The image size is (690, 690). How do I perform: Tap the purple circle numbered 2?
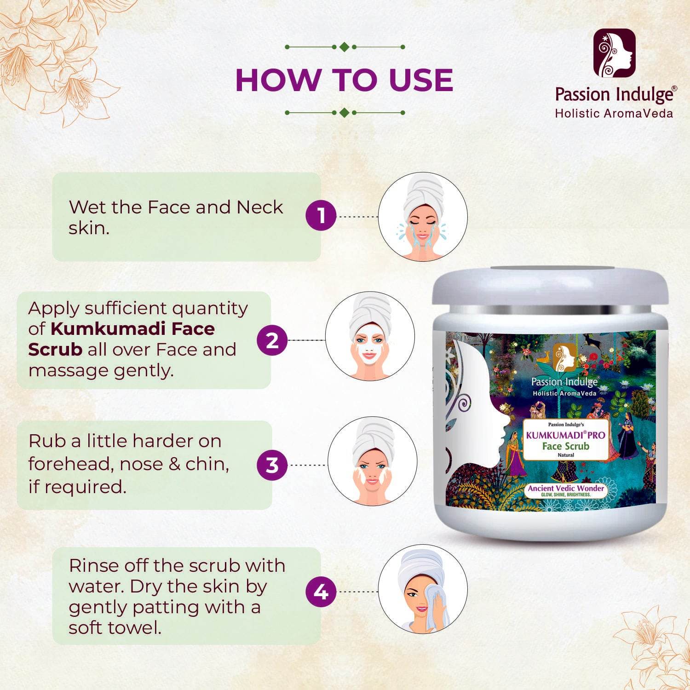point(272,340)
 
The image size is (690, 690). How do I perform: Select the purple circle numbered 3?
point(272,465)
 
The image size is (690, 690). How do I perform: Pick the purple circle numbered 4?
point(321,592)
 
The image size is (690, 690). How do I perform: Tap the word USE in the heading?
point(421,80)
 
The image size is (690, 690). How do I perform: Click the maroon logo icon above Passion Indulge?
point(614,53)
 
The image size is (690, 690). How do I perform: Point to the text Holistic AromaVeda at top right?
point(614,114)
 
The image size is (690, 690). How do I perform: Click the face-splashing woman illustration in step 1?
point(423,216)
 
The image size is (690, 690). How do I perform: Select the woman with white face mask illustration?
point(370,336)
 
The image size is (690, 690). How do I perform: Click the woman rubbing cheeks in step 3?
point(372,462)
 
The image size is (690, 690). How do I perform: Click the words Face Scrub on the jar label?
point(565,446)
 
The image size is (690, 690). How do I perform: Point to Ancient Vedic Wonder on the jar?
point(566,488)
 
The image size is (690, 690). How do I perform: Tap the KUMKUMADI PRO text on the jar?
point(565,435)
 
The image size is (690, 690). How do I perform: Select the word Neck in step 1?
point(259,207)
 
